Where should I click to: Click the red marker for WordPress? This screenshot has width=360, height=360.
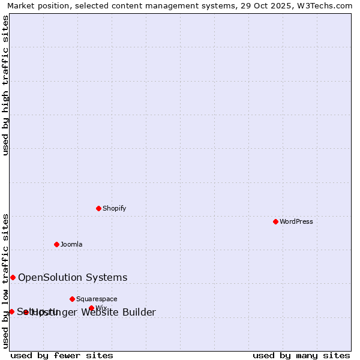(275, 221)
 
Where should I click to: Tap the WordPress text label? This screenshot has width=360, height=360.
(296, 221)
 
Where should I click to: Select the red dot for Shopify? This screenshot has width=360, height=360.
(98, 208)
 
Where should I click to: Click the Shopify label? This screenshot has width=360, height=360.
(114, 208)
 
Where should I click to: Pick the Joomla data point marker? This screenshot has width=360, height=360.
(56, 244)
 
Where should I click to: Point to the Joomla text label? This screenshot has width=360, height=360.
(71, 244)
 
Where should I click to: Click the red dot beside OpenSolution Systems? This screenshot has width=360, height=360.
(13, 277)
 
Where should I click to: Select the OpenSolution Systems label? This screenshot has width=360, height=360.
(73, 277)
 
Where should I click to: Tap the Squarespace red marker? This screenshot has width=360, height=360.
(72, 299)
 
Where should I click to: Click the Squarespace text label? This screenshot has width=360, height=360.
(97, 299)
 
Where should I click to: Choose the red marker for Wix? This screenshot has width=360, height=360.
(91, 308)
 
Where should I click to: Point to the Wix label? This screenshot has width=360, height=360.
(101, 308)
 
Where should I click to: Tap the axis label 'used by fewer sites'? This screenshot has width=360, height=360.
(62, 355)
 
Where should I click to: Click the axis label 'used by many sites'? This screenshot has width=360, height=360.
(301, 355)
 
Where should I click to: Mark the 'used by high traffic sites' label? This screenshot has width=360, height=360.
(6, 85)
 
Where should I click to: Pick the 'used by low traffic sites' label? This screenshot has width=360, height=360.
(6, 281)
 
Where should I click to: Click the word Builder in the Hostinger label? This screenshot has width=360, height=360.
(139, 312)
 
